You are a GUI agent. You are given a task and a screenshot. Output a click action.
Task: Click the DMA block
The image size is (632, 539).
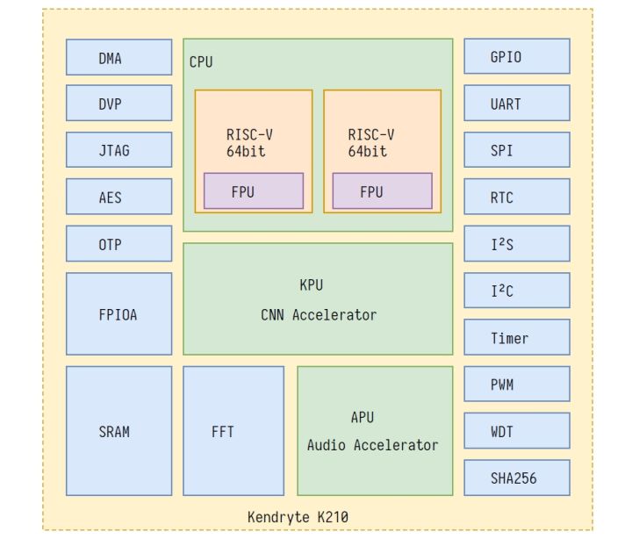[118, 58]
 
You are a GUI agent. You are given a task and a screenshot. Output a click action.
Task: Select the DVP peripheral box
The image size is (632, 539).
[118, 104]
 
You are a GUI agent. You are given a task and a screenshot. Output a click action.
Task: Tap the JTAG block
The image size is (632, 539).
[118, 150]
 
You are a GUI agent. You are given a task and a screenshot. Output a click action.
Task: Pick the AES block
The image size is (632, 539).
[118, 198]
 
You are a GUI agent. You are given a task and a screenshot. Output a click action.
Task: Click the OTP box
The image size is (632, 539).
[118, 244]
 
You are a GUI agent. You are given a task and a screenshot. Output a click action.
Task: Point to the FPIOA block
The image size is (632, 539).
[118, 313]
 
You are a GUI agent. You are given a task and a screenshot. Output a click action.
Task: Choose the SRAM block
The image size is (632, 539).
[118, 431]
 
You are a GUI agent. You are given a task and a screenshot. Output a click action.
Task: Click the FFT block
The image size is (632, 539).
[233, 431]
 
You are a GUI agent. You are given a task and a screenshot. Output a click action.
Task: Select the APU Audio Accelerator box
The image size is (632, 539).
[375, 431]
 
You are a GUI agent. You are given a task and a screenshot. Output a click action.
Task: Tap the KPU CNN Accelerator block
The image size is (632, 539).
[318, 299]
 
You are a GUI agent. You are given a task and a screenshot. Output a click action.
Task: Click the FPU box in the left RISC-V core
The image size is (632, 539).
[254, 191]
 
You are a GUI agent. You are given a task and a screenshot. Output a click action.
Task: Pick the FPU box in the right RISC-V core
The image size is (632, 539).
[382, 191]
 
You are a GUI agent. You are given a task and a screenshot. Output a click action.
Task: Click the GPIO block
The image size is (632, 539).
[516, 57]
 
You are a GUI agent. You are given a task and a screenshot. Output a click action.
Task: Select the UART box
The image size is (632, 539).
[516, 104]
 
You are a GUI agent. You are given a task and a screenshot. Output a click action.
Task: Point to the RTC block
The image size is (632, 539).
[516, 198]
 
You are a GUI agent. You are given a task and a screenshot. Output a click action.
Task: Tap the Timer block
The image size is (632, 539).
[516, 338]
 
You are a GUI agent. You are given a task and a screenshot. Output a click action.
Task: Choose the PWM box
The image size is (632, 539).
[516, 384]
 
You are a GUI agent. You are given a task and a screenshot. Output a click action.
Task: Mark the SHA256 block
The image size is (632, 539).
[516, 478]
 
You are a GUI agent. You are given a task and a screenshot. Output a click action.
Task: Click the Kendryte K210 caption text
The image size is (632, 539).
[298, 517]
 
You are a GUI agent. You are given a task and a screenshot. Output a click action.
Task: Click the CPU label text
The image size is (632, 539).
[201, 62]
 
